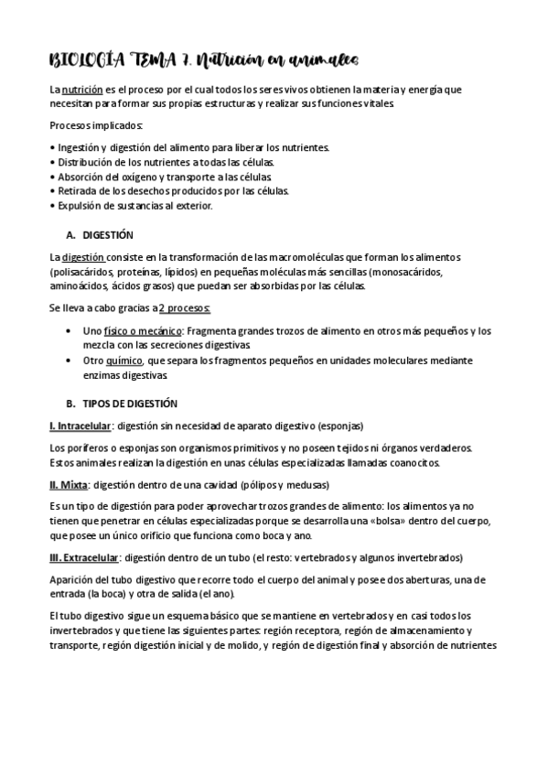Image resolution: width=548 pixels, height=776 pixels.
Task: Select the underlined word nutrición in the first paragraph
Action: pos(82,91)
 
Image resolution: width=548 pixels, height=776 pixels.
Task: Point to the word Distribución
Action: pos(88,162)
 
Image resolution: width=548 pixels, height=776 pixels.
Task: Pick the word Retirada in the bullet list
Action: pos(76,191)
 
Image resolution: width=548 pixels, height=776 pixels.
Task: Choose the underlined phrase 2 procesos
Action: pos(185,307)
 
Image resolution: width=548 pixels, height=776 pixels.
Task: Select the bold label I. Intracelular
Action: pos(81,426)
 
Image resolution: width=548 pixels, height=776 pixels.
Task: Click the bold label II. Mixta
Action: pos(69,484)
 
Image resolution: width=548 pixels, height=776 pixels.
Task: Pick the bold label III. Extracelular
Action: pos(84,557)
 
